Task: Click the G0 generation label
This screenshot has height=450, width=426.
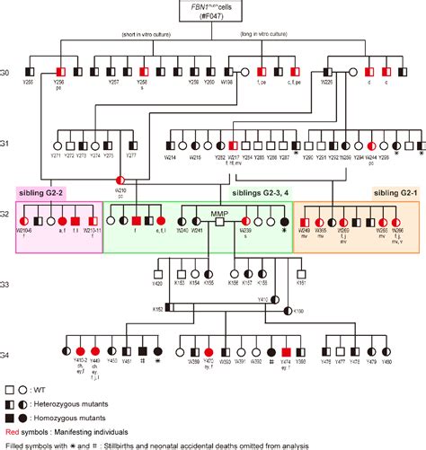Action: click(7, 69)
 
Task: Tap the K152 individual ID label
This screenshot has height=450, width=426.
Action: click(157, 309)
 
